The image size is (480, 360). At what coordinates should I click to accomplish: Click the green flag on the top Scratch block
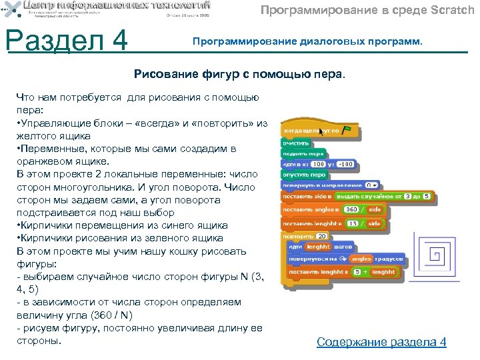tap(346, 130)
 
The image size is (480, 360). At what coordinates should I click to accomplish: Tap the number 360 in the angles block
tap(352, 209)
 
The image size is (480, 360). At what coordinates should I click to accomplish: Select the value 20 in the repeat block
tap(321, 236)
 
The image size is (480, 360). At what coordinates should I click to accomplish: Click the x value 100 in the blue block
tap(319, 163)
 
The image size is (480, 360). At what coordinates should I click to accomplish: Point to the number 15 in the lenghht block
tap(353, 223)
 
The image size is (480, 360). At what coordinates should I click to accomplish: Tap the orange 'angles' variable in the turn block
tap(361, 258)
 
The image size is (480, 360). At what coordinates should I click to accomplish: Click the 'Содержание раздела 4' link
tap(381, 342)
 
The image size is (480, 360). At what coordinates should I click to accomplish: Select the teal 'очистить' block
tap(296, 142)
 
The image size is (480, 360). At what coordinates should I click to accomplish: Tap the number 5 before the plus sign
tap(357, 271)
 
